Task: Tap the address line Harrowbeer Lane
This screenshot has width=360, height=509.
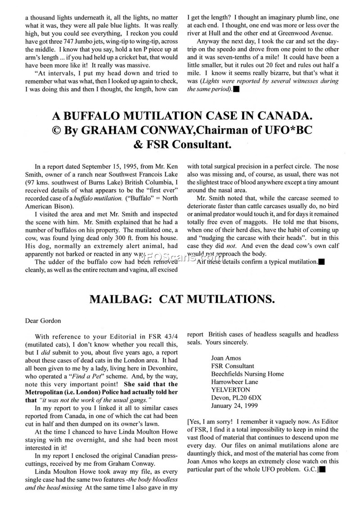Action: [234, 382]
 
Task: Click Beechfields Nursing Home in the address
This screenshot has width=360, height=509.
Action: [247, 374]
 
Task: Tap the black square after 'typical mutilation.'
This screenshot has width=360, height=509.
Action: [321, 262]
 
